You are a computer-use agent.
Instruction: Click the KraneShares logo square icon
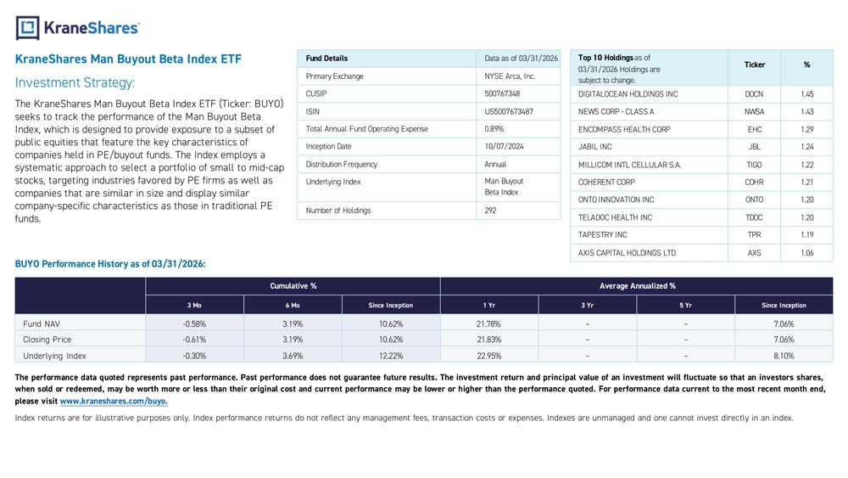[x=28, y=28]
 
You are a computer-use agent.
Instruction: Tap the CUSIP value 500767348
[x=502, y=93]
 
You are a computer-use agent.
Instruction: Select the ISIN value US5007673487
[x=509, y=111]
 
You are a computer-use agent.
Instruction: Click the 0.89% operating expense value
[x=494, y=129]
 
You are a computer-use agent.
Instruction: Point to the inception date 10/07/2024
[x=504, y=146]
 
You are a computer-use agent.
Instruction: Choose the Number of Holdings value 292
[x=490, y=211]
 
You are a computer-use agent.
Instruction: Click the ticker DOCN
[x=754, y=94]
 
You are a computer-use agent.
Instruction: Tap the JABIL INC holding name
[x=595, y=147]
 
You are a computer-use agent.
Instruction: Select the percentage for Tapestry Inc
[x=807, y=235]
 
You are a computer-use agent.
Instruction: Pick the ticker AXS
[x=755, y=253]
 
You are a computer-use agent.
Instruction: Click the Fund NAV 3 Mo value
[x=194, y=323]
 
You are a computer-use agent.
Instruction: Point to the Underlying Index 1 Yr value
[x=489, y=356]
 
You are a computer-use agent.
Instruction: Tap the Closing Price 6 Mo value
[x=293, y=340]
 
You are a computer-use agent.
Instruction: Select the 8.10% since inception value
[x=784, y=356]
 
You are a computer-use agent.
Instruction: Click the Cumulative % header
[x=293, y=286]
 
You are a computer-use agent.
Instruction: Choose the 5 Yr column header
[x=686, y=306]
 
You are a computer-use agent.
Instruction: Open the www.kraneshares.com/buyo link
[x=114, y=401]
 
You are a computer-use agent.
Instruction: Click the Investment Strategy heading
[x=75, y=83]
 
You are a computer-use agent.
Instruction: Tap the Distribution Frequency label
[x=341, y=164]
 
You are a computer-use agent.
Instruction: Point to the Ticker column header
[x=755, y=65]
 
